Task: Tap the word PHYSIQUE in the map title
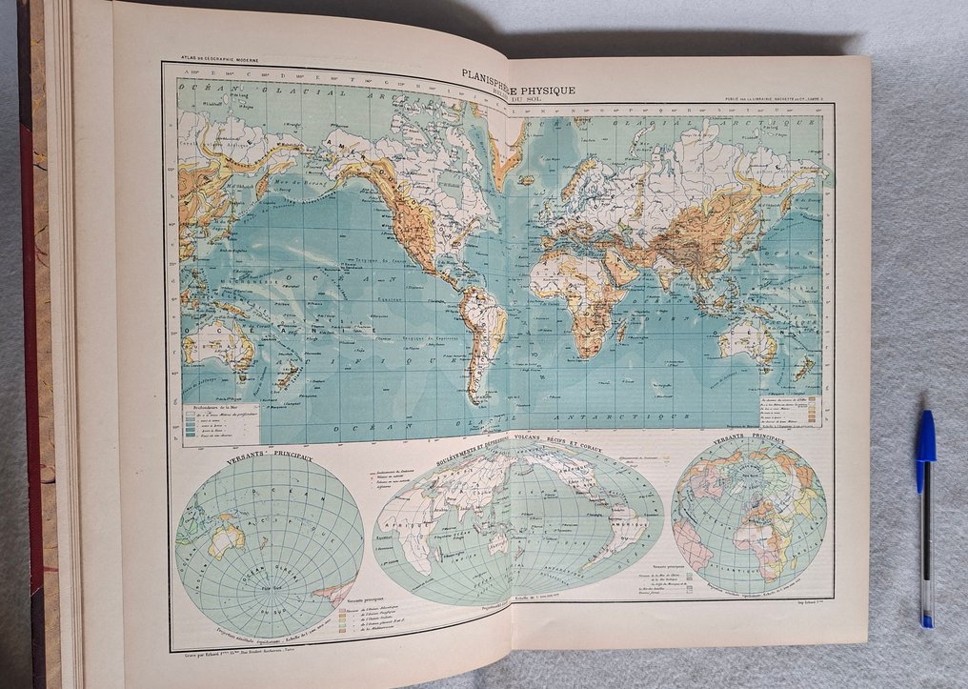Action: pyautogui.click(x=546, y=90)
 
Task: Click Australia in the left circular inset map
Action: pyautogui.click(x=227, y=539)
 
